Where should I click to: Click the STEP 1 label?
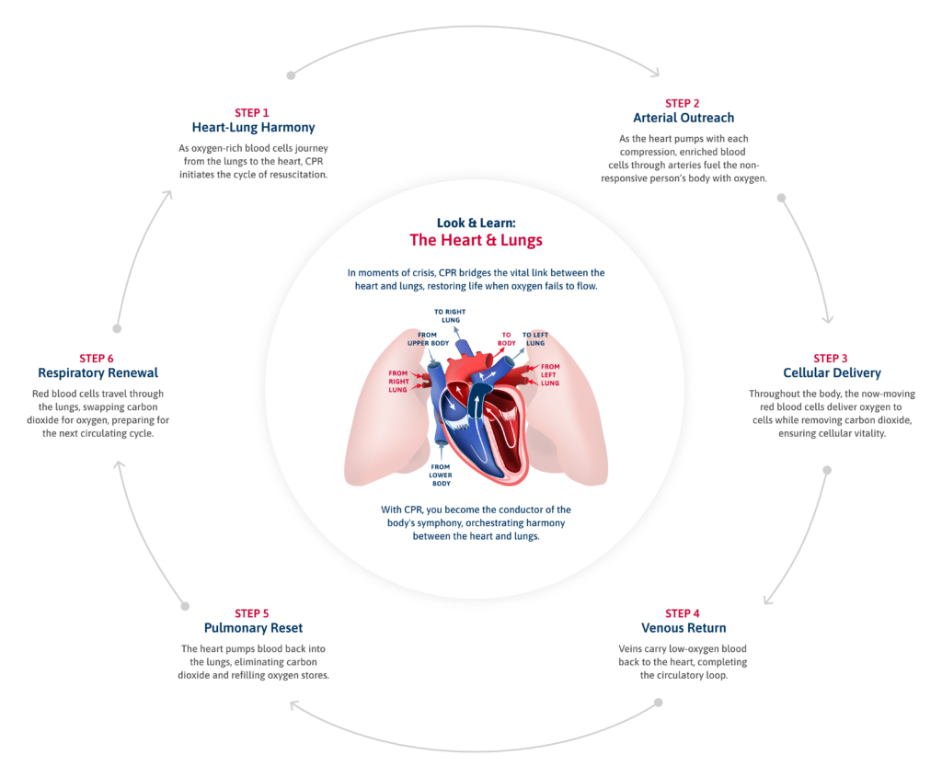tap(252, 113)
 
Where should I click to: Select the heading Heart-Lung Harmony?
tap(252, 128)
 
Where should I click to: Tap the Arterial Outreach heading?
tap(684, 119)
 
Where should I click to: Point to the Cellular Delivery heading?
tap(832, 373)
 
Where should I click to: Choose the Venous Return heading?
tap(683, 628)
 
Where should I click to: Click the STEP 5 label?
tap(252, 613)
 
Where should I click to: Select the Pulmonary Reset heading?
tap(252, 628)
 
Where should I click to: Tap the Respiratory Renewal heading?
tap(98, 373)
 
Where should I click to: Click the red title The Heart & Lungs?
tap(476, 241)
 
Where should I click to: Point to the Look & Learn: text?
tap(476, 223)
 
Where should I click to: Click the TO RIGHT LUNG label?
tap(450, 316)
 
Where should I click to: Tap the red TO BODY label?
tap(506, 338)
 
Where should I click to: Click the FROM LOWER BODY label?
tap(441, 475)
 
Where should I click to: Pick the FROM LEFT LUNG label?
tap(550, 374)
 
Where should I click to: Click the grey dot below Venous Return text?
tap(658, 704)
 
